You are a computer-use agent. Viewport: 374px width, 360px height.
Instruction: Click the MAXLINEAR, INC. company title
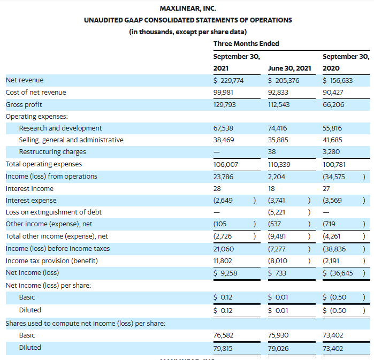[188, 9]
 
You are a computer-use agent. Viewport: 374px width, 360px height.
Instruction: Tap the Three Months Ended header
[246, 44]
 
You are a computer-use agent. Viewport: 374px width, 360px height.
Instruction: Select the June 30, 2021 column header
[289, 68]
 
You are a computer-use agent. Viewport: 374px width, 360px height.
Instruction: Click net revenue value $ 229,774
[228, 81]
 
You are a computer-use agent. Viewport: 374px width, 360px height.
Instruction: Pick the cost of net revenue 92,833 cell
[278, 92]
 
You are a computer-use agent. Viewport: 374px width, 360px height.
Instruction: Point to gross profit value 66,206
[333, 105]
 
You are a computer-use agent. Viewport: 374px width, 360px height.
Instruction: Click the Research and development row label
[60, 128]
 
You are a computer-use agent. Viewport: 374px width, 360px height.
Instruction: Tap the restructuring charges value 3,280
[331, 152]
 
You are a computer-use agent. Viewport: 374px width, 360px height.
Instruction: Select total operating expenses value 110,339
[279, 165]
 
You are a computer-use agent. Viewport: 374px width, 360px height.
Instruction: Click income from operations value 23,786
[223, 177]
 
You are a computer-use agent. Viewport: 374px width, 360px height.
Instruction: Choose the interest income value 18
[271, 189]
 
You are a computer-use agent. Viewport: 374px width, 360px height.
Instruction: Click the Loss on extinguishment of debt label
[54, 212]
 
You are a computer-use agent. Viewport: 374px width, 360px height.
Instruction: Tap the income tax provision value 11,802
[223, 261]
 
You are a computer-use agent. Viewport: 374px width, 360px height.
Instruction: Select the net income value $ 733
[277, 273]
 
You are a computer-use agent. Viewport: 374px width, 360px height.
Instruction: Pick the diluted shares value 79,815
[223, 349]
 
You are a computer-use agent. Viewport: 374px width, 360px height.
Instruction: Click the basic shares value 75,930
[278, 335]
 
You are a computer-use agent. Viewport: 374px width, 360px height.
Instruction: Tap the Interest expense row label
[31, 201]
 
